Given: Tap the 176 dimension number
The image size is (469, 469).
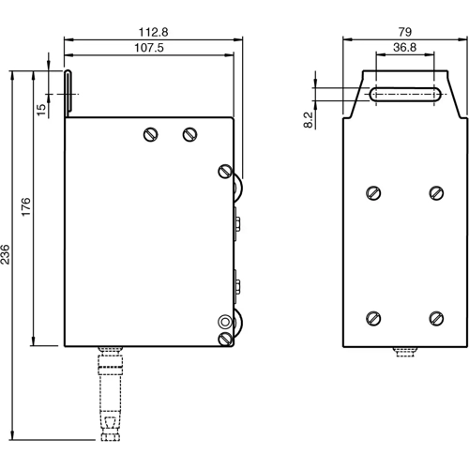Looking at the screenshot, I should (x=27, y=206).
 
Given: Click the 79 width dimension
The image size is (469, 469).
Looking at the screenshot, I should (x=403, y=31).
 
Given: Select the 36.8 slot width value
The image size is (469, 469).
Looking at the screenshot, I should (x=405, y=50).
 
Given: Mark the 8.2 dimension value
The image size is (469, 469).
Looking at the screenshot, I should (x=309, y=119).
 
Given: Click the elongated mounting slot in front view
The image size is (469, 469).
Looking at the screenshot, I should (x=405, y=93).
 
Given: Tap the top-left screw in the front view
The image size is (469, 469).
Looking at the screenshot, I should (x=374, y=193).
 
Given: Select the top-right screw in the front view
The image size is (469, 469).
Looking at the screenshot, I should (x=435, y=193).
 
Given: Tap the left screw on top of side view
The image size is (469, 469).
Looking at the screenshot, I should (x=150, y=133).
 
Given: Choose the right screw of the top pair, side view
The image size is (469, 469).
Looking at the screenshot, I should (x=189, y=133).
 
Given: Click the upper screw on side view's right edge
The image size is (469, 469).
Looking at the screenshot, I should (x=224, y=171).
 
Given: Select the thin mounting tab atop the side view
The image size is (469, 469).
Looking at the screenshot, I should (x=68, y=92).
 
